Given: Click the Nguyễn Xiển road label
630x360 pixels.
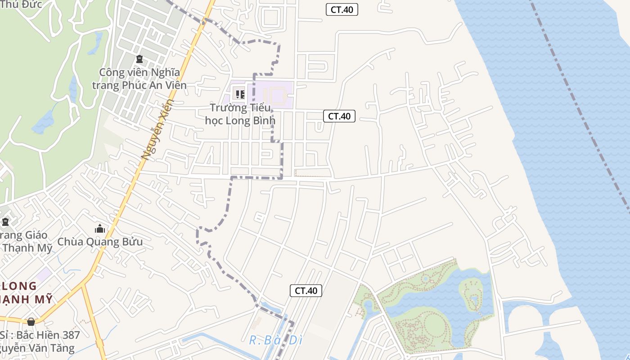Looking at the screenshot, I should click(x=157, y=130).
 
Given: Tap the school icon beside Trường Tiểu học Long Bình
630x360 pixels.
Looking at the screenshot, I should click(x=240, y=94).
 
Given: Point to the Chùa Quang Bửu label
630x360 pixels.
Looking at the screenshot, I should click(x=100, y=242).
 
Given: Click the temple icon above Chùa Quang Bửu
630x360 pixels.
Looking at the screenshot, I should click(x=100, y=229).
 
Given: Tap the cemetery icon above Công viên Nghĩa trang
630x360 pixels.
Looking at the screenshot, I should click(x=139, y=59).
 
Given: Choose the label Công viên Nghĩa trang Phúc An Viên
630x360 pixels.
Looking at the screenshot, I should click(x=139, y=79).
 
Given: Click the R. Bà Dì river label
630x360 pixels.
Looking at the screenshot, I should click(x=275, y=340).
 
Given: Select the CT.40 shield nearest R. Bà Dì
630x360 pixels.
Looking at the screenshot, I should click(x=306, y=291).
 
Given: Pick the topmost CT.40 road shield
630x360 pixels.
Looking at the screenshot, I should click(x=342, y=9).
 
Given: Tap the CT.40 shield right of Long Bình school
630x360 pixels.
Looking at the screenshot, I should click(x=339, y=116).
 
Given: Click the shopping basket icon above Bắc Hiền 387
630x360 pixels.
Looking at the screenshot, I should click(x=31, y=322).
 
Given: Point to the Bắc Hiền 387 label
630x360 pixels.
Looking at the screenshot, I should click(x=40, y=335).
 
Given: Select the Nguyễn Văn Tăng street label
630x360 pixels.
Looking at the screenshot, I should click(x=38, y=348).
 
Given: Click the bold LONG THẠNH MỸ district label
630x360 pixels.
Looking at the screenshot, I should click(x=22, y=292).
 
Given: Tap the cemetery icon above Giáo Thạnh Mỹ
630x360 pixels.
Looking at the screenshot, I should click(x=5, y=222).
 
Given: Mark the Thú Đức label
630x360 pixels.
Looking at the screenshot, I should click(x=22, y=4).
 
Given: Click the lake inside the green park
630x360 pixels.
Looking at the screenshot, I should click(x=432, y=297).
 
